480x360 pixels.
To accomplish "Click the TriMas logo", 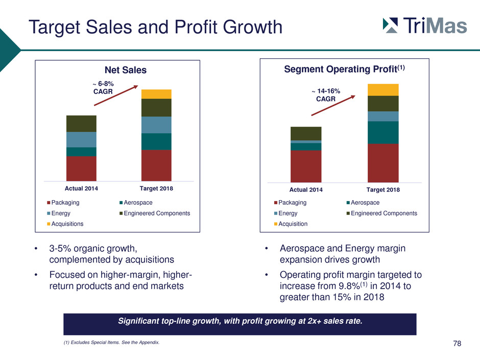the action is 425,25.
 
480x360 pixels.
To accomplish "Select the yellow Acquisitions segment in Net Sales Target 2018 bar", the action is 156,94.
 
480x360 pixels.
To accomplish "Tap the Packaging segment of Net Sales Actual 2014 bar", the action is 81,169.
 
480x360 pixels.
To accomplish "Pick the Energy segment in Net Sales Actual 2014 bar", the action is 81,139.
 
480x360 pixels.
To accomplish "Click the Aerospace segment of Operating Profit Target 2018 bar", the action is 383,133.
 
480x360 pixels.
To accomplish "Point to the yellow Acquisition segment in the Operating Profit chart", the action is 383,90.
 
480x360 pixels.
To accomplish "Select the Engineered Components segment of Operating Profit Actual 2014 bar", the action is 306,133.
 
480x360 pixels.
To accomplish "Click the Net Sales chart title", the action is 126,70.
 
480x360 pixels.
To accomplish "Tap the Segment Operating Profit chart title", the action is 344,69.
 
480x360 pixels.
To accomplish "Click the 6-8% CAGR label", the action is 103,87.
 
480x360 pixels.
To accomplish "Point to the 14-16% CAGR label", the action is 326,95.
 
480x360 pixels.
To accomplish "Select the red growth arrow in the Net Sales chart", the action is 116,95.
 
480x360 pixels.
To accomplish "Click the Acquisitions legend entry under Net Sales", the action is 65,224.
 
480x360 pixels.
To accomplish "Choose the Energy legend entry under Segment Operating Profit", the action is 285,213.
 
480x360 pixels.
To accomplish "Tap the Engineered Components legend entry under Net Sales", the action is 155,213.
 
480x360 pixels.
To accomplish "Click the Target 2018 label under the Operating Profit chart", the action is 383,190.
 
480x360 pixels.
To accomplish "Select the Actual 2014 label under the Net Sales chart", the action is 81,188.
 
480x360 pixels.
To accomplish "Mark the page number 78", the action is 457,344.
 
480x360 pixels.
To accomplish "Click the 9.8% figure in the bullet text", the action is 349,286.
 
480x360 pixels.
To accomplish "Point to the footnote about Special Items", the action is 111,342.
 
